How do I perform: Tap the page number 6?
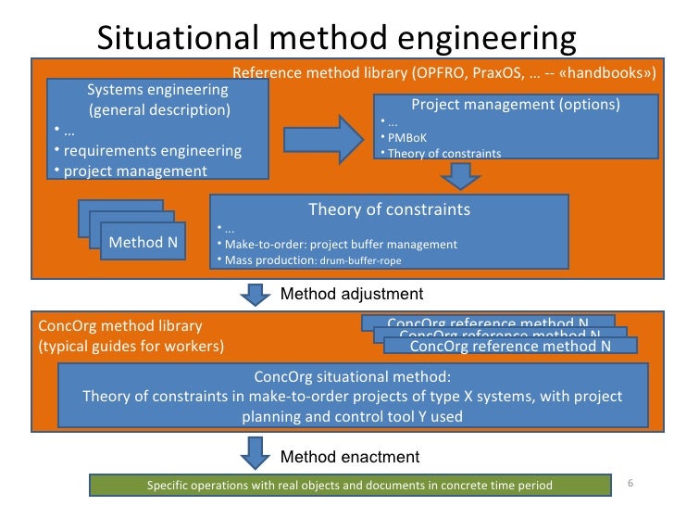[630, 483]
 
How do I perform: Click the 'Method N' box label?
[144, 243]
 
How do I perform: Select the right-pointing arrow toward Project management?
[324, 138]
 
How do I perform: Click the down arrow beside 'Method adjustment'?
[252, 295]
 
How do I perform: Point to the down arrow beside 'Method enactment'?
[252, 456]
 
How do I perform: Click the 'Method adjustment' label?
[351, 294]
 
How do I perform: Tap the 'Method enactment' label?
[349, 457]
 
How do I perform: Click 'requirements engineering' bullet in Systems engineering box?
[152, 150]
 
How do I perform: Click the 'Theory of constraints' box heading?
[389, 209]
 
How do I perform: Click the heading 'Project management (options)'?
[515, 104]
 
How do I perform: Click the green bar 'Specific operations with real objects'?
[350, 485]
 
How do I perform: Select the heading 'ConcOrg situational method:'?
[352, 377]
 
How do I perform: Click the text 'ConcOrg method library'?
[119, 327]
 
